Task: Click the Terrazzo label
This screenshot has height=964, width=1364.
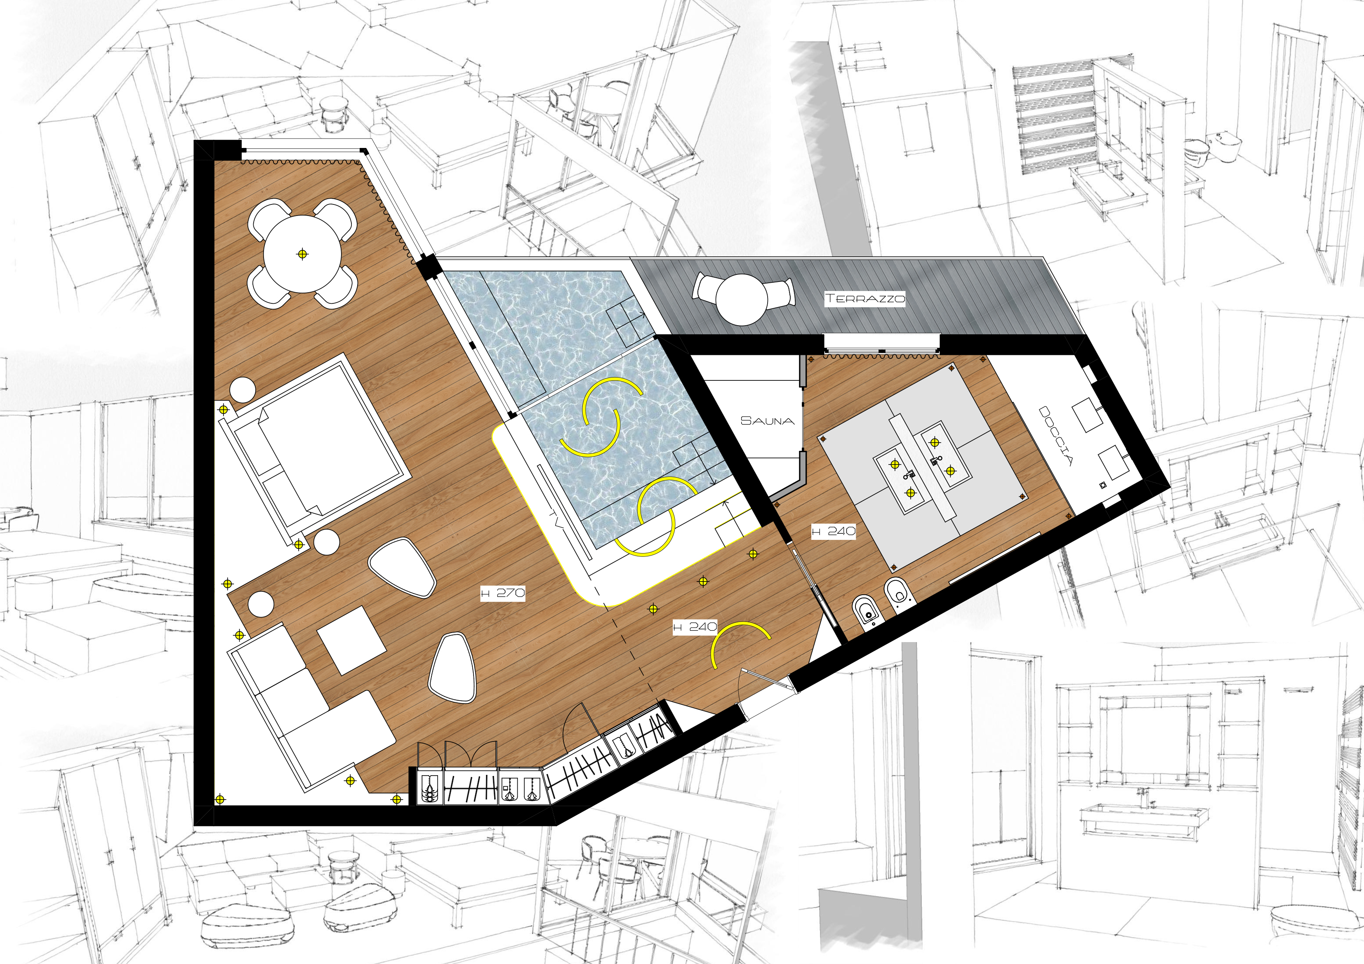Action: tap(865, 298)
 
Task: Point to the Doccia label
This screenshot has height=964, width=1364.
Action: tap(1055, 435)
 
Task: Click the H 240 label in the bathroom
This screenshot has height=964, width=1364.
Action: tap(834, 531)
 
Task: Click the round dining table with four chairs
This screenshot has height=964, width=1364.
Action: tap(302, 254)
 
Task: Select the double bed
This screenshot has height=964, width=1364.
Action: tap(315, 445)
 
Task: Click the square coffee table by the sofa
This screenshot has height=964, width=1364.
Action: tap(352, 640)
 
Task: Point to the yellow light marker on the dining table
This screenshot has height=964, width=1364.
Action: tap(302, 254)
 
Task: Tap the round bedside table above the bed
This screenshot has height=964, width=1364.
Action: tap(243, 390)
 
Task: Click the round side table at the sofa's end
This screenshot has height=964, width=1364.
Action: tap(261, 604)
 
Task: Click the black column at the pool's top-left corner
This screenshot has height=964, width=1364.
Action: tap(428, 267)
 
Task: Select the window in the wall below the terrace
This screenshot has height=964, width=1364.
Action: tap(881, 342)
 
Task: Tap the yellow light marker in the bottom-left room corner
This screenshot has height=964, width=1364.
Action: tap(220, 800)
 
